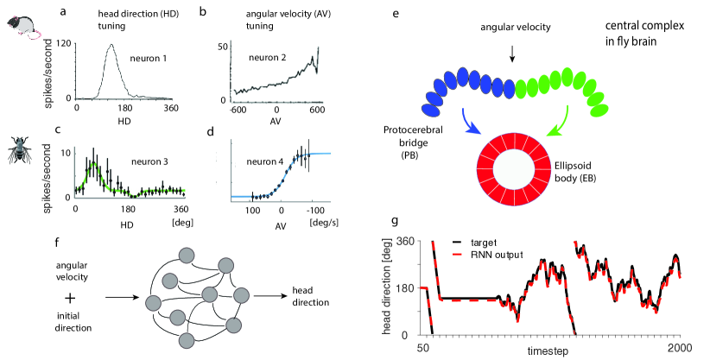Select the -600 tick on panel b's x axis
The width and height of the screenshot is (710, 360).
pos(233,110)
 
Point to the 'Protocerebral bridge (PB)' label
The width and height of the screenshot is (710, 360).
pos(407,141)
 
